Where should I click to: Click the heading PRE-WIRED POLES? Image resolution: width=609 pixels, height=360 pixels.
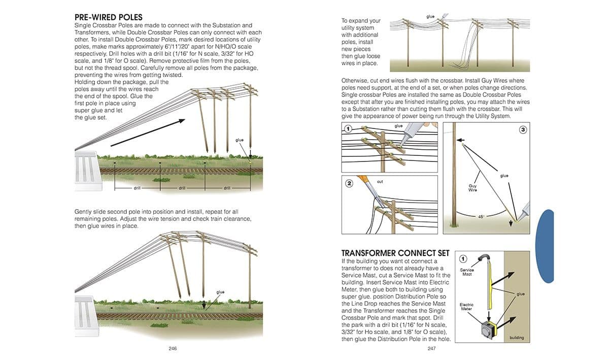click(108, 17)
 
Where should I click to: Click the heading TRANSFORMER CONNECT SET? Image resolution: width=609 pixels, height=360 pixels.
click(395, 253)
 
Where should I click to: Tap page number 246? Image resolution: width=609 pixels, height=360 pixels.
click(173, 348)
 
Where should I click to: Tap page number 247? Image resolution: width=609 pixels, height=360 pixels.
click(431, 348)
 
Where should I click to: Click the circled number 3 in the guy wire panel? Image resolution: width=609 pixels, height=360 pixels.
click(523, 130)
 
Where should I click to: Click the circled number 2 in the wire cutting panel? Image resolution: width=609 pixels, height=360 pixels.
click(349, 183)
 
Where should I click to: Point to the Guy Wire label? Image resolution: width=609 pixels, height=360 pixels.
click(472, 188)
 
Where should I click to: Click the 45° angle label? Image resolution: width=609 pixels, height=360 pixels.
click(481, 216)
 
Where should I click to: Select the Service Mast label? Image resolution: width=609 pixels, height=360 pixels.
click(467, 272)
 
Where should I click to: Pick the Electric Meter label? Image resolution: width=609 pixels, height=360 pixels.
click(466, 307)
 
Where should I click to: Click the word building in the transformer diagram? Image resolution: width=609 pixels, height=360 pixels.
click(516, 338)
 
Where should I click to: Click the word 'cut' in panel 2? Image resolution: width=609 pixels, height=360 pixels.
click(380, 181)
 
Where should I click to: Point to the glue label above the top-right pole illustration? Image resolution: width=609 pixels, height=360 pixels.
click(430, 17)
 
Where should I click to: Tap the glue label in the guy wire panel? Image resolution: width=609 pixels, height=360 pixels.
click(504, 176)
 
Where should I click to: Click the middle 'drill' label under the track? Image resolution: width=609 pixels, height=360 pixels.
click(182, 188)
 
